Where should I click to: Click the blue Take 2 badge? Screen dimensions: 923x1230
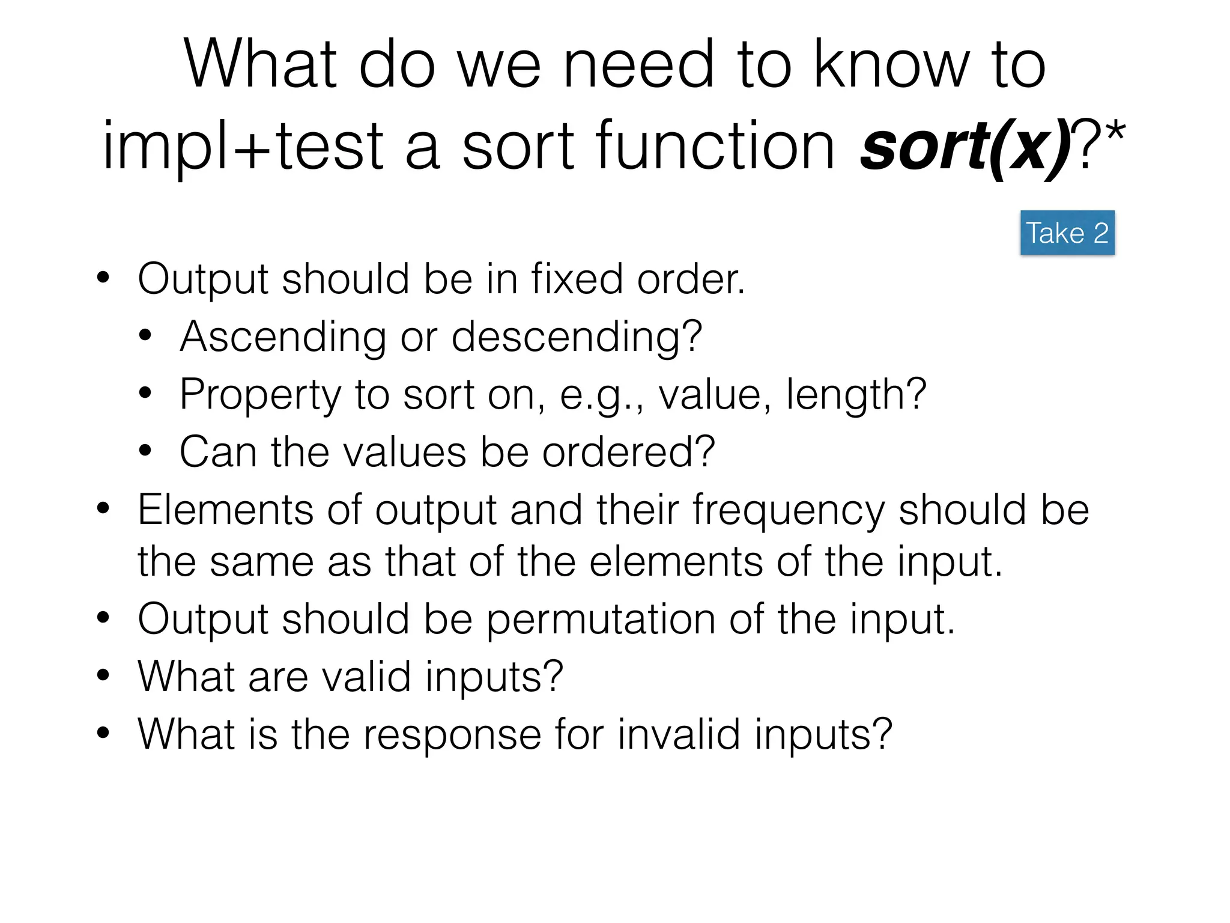(1067, 233)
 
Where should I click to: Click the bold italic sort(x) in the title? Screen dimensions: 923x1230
(965, 146)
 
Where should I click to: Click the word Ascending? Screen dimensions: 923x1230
(283, 337)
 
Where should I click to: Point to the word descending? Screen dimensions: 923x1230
(576, 337)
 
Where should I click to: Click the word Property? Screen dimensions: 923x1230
(260, 395)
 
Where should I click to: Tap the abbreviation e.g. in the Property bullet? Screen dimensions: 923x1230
(601, 395)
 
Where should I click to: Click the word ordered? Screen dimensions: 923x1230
(628, 452)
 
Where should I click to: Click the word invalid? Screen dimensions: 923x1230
(679, 734)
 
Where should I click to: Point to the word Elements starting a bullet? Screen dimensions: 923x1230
(225, 510)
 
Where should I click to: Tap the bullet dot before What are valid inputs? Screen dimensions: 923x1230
(103, 675)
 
